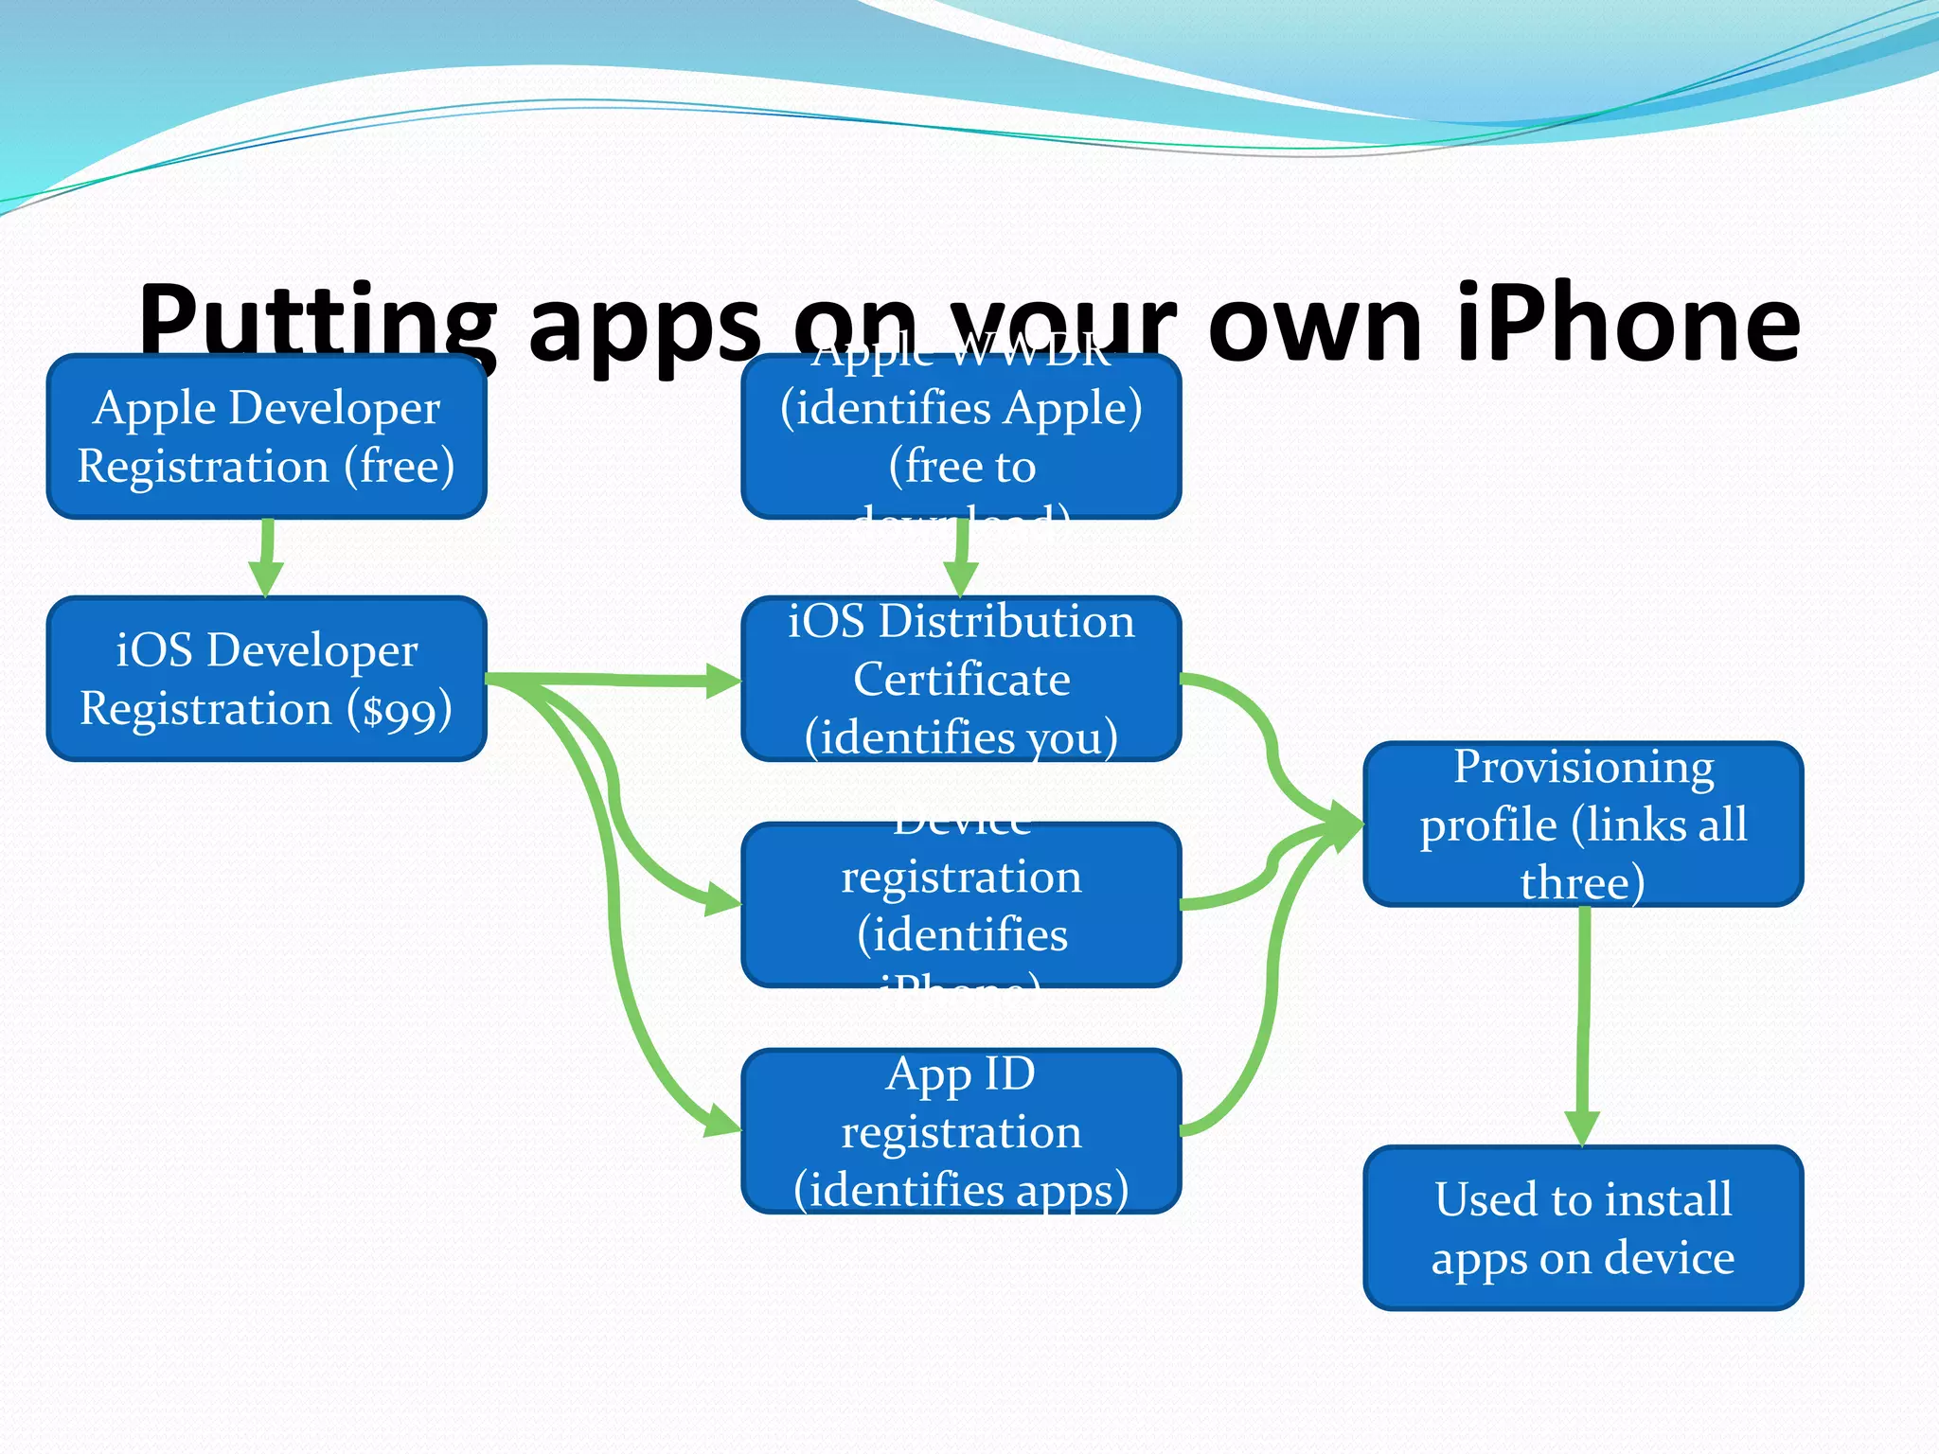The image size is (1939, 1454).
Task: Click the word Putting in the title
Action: (317, 324)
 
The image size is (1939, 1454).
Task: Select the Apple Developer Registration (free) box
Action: (266, 436)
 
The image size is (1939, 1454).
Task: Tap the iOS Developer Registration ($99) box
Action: (266, 679)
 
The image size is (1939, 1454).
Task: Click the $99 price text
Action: (400, 710)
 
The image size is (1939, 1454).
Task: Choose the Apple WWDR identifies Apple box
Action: (961, 436)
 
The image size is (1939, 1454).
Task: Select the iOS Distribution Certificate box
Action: (961, 679)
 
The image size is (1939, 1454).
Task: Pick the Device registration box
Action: (961, 905)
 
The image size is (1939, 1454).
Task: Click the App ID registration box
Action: (961, 1131)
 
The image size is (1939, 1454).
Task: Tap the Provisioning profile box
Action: (1583, 824)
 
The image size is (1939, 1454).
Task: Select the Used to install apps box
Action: (1583, 1228)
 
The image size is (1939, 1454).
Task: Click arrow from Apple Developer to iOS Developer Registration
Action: (267, 559)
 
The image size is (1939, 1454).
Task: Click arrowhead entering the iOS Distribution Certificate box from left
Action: (723, 681)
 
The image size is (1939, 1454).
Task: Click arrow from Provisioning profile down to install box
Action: (1583, 1022)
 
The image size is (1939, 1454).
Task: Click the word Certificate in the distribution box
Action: (961, 680)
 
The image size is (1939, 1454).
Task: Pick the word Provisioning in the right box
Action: (1583, 767)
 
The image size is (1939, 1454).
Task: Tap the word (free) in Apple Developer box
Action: (399, 467)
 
